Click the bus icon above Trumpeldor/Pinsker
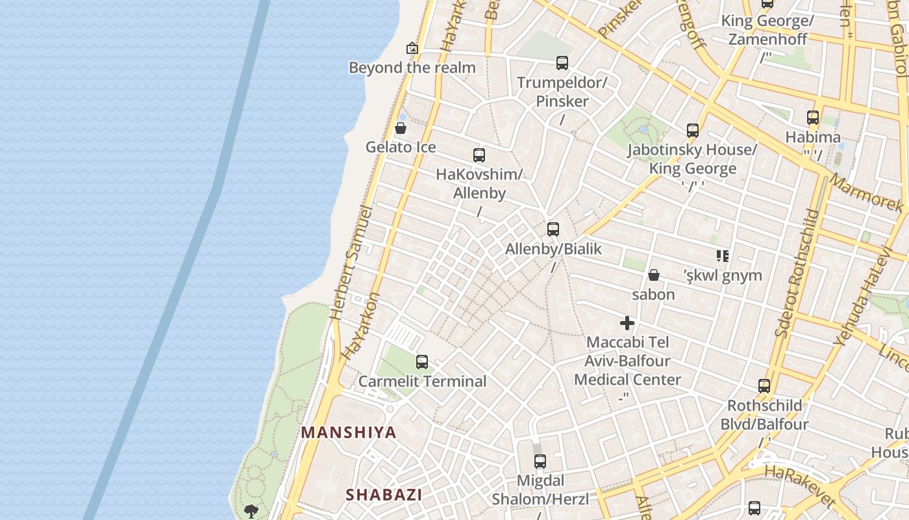(562, 63)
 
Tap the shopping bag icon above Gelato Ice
(401, 128)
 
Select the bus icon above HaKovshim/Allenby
(479, 155)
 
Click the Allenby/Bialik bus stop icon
(553, 229)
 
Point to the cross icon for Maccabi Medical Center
(627, 323)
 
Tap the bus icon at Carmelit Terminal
(422, 362)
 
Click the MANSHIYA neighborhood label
(349, 433)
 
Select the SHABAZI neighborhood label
(384, 495)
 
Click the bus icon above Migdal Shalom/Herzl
(540, 462)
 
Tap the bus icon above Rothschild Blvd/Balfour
(764, 386)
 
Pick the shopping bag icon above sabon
(654, 275)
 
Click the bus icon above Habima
(813, 118)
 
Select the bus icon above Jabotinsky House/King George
(693, 131)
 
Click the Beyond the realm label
(412, 68)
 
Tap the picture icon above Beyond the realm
(412, 48)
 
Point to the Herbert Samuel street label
(351, 263)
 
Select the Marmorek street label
(867, 194)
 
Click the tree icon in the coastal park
(251, 512)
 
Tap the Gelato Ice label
(401, 147)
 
